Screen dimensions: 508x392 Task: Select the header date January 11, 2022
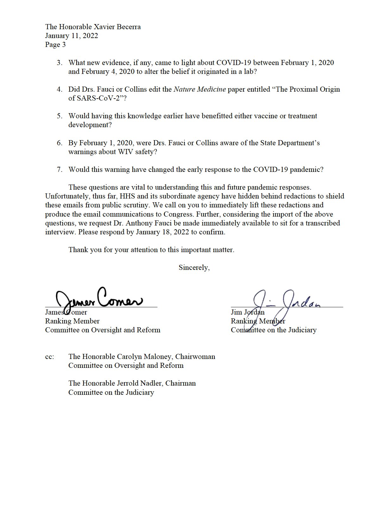pos(72,36)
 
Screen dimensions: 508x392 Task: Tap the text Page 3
pos(55,45)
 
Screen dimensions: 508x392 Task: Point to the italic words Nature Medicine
pos(199,89)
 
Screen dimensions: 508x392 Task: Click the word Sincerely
pos(194,268)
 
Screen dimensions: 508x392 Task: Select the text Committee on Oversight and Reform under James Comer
pos(103,330)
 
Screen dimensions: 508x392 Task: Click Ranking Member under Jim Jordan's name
pos(258,321)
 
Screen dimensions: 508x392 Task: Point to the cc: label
pos(49,357)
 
